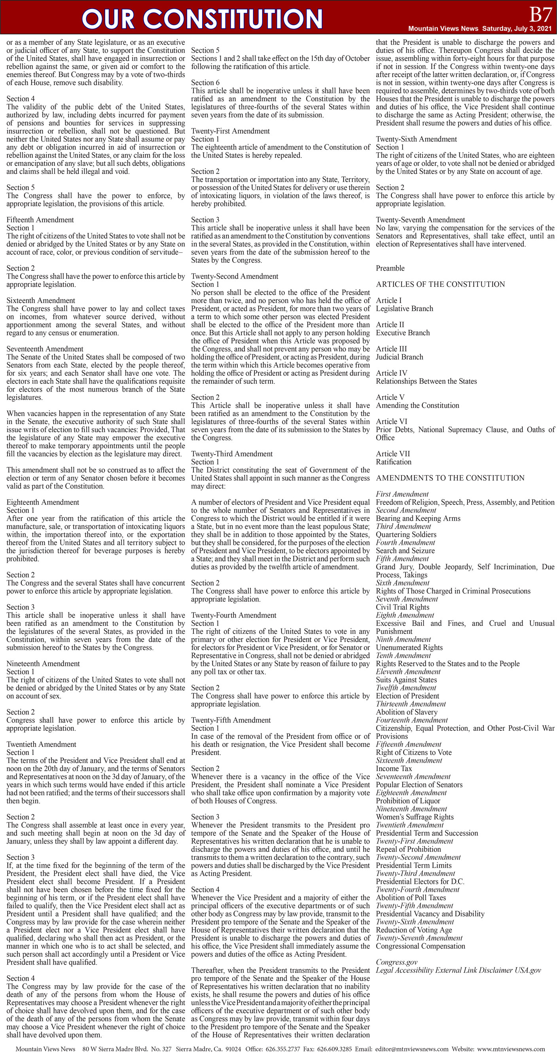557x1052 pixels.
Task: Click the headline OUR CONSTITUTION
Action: (202, 19)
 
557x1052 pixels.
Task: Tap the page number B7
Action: (540, 15)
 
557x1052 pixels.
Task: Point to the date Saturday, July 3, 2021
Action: (517, 28)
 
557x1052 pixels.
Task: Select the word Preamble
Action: (390, 268)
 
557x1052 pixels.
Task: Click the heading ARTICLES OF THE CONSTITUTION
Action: (440, 284)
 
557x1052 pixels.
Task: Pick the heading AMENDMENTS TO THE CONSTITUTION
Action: (450, 478)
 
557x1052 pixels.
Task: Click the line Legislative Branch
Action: (404, 309)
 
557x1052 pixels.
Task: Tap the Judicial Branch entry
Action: (400, 357)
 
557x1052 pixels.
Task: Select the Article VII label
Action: (393, 454)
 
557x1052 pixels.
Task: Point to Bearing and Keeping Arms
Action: (418, 518)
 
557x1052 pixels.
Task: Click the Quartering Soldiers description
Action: (406, 535)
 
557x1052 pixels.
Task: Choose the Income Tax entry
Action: (394, 769)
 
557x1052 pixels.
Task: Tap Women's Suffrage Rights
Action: (415, 817)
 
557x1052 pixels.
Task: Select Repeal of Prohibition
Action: (408, 849)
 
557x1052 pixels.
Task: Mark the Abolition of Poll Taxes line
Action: (411, 898)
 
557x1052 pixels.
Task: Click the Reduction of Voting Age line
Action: (414, 930)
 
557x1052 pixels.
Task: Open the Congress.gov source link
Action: (396, 962)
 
